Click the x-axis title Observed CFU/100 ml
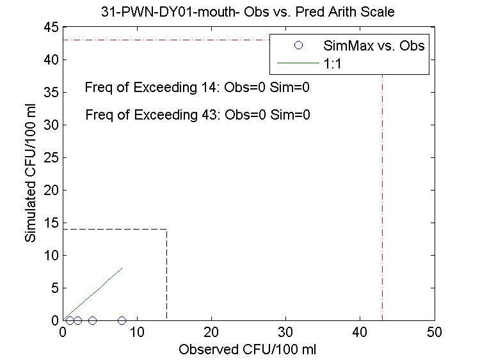coord(248,350)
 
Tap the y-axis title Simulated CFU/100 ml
coord(30,173)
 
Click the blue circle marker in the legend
coord(298,46)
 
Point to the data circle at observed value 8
coord(122,320)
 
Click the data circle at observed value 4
coord(92,320)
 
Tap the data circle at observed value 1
coord(70,320)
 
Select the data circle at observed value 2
coord(77,320)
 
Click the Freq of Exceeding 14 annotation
coord(197,88)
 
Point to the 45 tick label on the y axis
coord(52,27)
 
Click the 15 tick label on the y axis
coord(52,223)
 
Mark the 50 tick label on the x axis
coord(435,333)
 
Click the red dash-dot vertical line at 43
coord(383,192)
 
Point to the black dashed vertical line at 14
coord(167,275)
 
